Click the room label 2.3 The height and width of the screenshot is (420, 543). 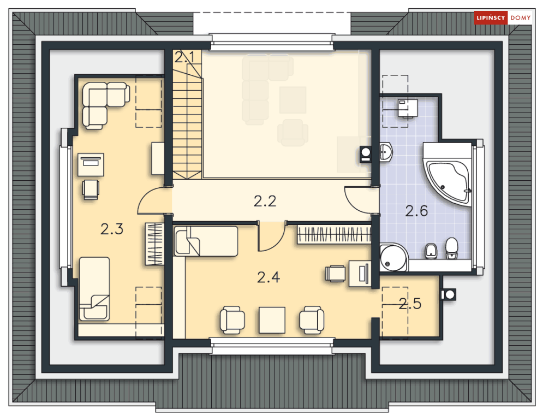click(112, 229)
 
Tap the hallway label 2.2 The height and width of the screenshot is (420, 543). click(265, 202)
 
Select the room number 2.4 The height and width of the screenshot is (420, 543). click(268, 277)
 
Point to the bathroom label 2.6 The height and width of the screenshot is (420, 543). click(416, 211)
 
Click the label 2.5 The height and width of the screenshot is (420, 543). click(410, 304)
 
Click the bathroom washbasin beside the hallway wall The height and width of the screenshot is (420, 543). click(386, 151)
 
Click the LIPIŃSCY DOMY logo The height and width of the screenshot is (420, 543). click(503, 17)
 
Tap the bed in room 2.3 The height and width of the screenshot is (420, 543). click(94, 289)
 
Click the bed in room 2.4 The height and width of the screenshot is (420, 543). click(206, 241)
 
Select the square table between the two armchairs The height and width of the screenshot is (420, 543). click(272, 320)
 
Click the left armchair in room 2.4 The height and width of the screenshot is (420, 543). click(232, 320)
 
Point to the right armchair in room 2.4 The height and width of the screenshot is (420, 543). click(312, 320)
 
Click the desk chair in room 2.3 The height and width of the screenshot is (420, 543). click(91, 190)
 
